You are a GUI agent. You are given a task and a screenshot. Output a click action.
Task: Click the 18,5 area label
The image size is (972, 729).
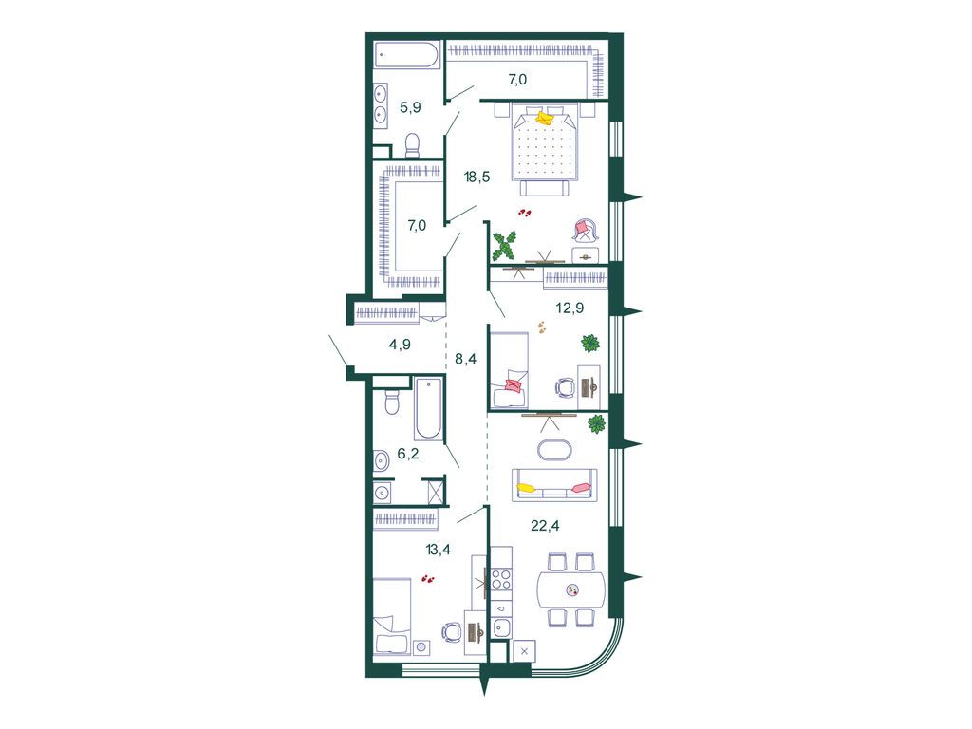(477, 177)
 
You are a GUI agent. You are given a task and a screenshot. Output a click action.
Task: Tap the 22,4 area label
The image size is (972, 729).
(545, 526)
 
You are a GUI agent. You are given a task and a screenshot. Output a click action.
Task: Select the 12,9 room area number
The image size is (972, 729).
(570, 308)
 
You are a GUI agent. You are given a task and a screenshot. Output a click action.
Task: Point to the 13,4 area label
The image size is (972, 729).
(438, 549)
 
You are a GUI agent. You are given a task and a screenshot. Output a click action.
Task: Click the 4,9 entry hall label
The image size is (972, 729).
(400, 344)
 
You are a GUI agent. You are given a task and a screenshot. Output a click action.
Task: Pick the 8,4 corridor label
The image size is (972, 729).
(465, 358)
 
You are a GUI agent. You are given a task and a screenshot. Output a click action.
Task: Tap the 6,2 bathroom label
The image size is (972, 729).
(408, 454)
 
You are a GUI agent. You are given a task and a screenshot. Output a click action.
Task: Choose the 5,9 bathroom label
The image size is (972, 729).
(410, 107)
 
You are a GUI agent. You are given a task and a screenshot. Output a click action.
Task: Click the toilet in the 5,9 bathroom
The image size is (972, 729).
(412, 145)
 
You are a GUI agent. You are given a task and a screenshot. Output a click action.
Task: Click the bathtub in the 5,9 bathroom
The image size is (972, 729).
(406, 54)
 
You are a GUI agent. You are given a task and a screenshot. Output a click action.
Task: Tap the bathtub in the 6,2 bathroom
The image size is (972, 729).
(429, 408)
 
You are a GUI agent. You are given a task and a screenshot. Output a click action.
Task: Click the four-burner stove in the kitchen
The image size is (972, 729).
(501, 579)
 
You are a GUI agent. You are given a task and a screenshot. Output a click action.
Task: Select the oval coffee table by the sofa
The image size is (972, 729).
(555, 450)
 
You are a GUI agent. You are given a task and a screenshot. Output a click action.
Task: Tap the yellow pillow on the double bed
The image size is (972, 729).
(545, 118)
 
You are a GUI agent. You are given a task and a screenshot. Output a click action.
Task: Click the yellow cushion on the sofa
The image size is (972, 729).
(526, 488)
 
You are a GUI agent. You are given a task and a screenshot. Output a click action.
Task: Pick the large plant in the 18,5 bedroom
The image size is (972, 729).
(503, 246)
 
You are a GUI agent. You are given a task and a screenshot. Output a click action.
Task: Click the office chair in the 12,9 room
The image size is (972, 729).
(565, 388)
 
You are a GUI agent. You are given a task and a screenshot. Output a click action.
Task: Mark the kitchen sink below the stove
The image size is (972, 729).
(501, 626)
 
